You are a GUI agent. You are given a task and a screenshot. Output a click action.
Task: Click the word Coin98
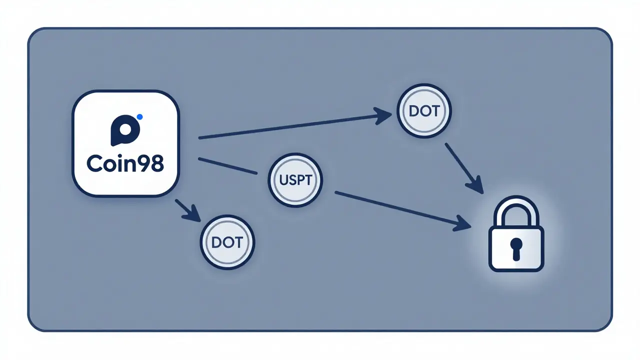(125, 163)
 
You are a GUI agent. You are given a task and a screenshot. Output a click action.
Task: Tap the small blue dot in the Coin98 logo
(139, 116)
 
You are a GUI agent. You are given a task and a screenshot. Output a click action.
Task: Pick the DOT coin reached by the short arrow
(227, 242)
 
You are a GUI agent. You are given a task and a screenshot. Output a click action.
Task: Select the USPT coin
(296, 180)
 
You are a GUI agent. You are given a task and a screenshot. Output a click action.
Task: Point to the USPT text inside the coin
(296, 180)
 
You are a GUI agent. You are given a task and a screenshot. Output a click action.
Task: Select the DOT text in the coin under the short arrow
(227, 242)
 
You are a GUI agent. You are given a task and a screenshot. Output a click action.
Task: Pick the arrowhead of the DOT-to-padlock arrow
(477, 187)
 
